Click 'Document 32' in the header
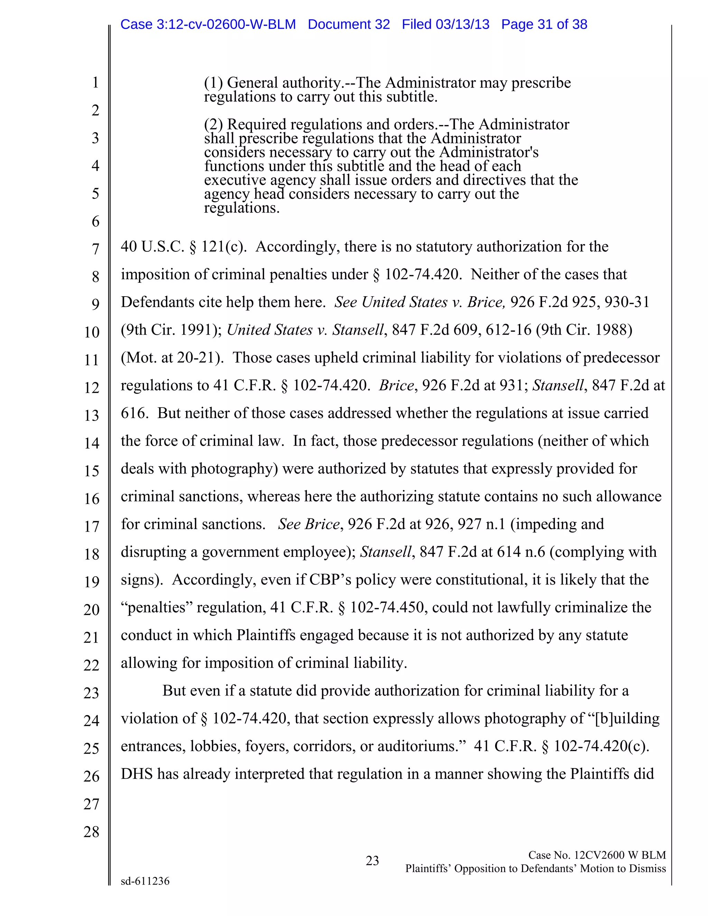[348, 24]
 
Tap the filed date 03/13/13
[462, 24]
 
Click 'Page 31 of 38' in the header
[544, 24]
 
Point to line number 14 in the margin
[91, 443]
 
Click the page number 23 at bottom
[372, 861]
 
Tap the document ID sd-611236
[145, 881]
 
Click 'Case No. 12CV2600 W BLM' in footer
[597, 855]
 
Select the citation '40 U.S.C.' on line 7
[152, 246]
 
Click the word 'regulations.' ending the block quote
[242, 208]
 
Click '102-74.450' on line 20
[387, 607]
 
